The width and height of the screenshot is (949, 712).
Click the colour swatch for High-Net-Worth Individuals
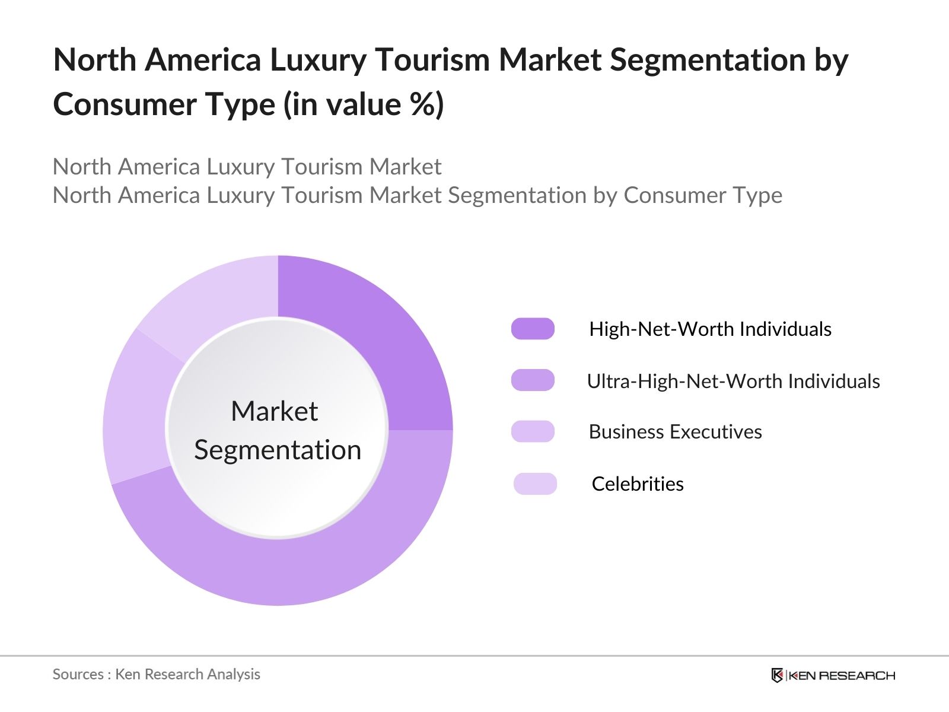point(533,329)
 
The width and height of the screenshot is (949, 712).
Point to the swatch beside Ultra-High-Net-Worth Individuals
point(533,380)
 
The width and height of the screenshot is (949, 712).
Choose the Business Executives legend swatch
point(533,431)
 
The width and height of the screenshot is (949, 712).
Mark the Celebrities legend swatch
point(535,484)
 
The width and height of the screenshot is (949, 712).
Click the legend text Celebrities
point(638,484)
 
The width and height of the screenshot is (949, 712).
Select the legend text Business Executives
point(675,431)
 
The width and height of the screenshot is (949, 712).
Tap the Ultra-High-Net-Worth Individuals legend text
point(733,381)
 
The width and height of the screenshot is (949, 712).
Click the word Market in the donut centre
point(274,411)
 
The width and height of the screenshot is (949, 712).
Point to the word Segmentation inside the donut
point(278,450)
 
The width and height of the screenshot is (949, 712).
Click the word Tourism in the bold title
point(431,60)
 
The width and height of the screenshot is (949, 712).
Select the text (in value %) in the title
point(364,105)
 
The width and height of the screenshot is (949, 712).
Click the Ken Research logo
point(833,675)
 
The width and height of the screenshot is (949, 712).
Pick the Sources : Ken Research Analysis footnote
point(156,674)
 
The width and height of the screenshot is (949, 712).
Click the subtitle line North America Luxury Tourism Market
point(247,167)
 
